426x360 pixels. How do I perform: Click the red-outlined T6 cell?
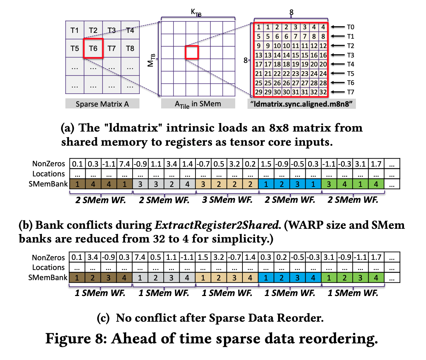(x=93, y=48)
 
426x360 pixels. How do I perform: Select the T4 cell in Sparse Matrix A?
(x=130, y=30)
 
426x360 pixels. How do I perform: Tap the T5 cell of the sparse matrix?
(x=74, y=48)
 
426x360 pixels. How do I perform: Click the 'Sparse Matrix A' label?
(x=102, y=104)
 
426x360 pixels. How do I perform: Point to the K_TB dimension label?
(x=196, y=13)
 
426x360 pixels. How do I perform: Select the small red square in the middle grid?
(x=192, y=52)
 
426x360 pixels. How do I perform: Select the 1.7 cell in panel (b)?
(x=376, y=164)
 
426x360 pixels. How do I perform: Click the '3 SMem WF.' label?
(x=227, y=199)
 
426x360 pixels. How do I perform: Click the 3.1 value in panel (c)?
(x=329, y=258)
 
